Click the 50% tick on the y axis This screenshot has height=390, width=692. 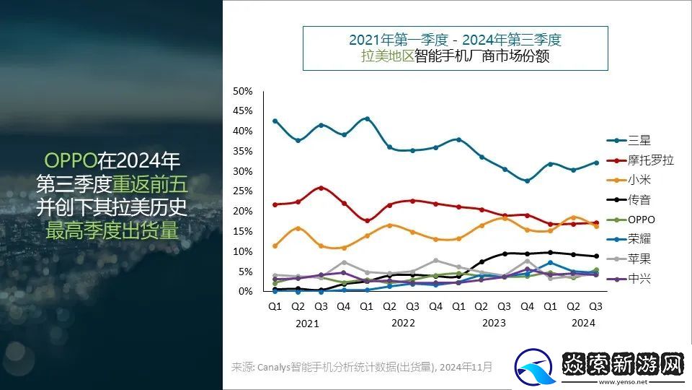point(242,91)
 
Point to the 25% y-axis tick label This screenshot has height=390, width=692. point(242,191)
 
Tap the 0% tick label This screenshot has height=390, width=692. point(245,291)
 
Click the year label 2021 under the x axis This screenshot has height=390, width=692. point(307,324)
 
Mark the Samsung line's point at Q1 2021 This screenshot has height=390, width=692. point(275,121)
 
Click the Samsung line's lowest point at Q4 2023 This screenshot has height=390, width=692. point(527,181)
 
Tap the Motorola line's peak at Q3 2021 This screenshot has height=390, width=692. point(321,188)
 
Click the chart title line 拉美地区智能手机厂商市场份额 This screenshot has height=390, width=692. point(455,56)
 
